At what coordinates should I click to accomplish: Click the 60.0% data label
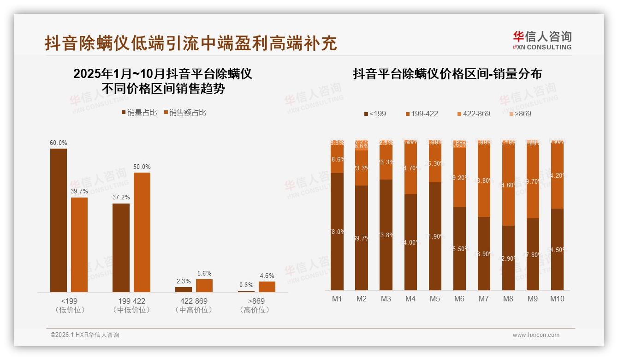pyautogui.click(x=59, y=143)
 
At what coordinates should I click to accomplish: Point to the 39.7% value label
pyautogui.click(x=79, y=192)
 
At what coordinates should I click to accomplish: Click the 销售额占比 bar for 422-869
pyautogui.click(x=204, y=285)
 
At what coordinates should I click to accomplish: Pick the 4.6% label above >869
pyautogui.click(x=267, y=276)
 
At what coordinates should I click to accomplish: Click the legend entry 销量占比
pyautogui.click(x=139, y=113)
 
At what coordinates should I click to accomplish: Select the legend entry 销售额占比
pyautogui.click(x=185, y=113)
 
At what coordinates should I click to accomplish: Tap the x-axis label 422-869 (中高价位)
pyautogui.click(x=194, y=306)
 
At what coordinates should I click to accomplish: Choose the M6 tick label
pyautogui.click(x=459, y=299)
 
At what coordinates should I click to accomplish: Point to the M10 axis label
pyautogui.click(x=557, y=299)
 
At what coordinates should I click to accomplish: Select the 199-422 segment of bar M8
pyautogui.click(x=508, y=185)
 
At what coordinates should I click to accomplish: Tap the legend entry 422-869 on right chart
pyautogui.click(x=474, y=114)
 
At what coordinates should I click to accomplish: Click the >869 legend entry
pyautogui.click(x=520, y=114)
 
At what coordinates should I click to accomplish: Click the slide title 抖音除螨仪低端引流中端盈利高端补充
pyautogui.click(x=190, y=43)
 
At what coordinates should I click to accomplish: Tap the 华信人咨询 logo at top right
pyautogui.click(x=542, y=40)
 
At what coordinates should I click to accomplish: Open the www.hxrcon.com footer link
pyautogui.click(x=536, y=335)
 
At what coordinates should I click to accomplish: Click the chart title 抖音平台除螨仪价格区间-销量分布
pyautogui.click(x=447, y=74)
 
